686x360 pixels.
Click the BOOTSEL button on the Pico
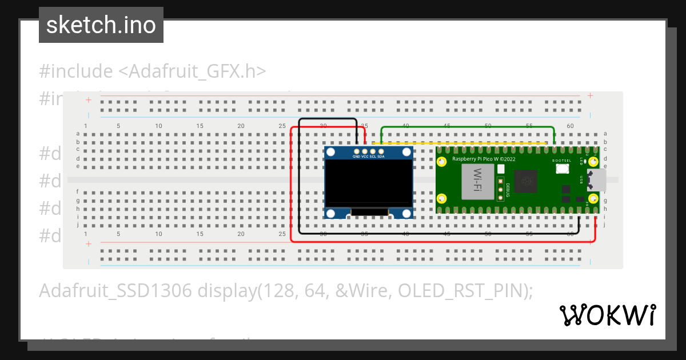(563, 169)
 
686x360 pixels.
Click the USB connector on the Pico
(598, 180)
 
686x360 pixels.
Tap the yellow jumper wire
(463, 143)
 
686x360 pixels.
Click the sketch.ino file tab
(101, 25)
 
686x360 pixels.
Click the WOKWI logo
(607, 315)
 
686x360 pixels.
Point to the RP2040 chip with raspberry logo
(525, 182)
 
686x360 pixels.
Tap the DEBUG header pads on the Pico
(501, 191)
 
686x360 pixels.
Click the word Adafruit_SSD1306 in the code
(115, 290)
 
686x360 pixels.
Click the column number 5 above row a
(118, 126)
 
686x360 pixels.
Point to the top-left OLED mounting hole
(331, 153)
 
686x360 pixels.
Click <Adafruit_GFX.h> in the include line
(192, 71)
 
